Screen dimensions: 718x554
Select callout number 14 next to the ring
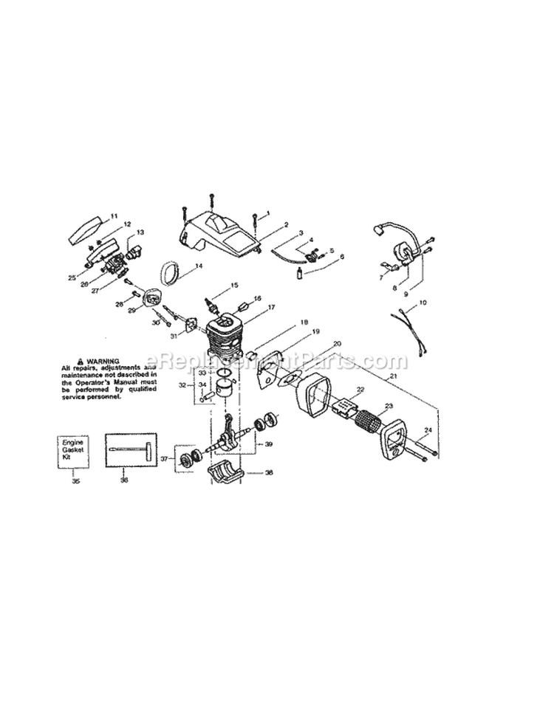tap(199, 266)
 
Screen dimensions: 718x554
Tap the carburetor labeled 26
tap(112, 263)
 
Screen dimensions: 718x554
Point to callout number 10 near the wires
tap(423, 303)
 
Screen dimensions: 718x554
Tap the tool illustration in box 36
tap(133, 449)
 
